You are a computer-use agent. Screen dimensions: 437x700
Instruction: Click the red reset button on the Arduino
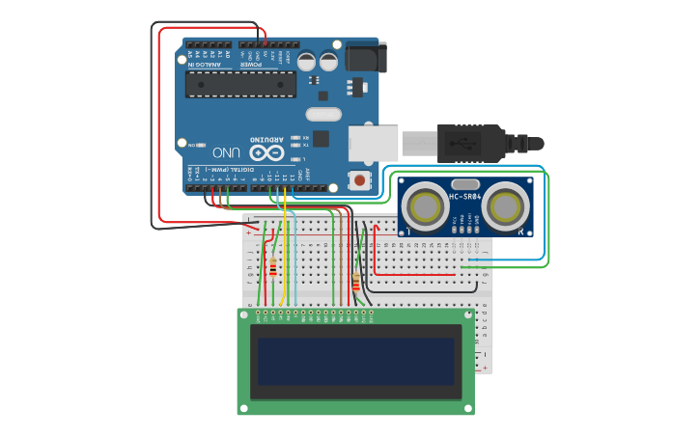(360, 179)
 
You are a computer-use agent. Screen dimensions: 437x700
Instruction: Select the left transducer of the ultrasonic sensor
(425, 205)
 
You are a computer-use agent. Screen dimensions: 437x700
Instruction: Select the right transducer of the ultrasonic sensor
(504, 205)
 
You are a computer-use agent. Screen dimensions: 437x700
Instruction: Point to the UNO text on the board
(225, 152)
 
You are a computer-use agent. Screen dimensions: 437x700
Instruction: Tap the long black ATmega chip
(241, 83)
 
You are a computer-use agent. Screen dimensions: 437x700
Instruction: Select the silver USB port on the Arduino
(373, 142)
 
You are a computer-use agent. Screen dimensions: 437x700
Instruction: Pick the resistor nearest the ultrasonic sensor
(356, 283)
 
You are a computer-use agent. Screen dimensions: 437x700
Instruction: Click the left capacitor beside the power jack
(306, 62)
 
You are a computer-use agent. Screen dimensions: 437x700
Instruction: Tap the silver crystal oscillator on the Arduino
(325, 114)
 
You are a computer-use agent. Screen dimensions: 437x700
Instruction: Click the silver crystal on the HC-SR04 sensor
(464, 184)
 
